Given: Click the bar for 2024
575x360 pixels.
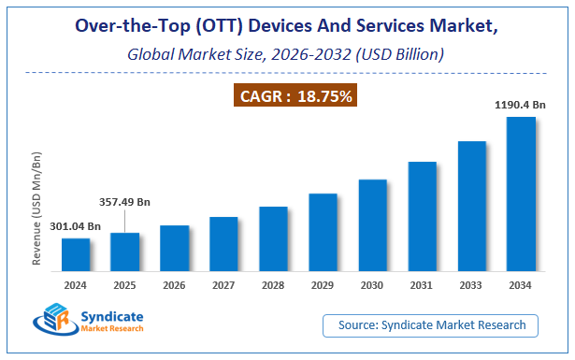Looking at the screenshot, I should (x=76, y=253).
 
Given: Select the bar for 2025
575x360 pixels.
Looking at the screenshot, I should (x=125, y=251).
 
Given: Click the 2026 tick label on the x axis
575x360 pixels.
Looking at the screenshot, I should (x=174, y=284).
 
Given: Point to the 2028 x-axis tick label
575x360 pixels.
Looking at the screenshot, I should (x=273, y=284).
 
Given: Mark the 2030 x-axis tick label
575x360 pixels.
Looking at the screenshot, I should (x=372, y=284).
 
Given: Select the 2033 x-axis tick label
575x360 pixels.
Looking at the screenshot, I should (x=471, y=284).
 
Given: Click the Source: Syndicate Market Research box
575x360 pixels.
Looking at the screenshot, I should (x=431, y=325).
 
